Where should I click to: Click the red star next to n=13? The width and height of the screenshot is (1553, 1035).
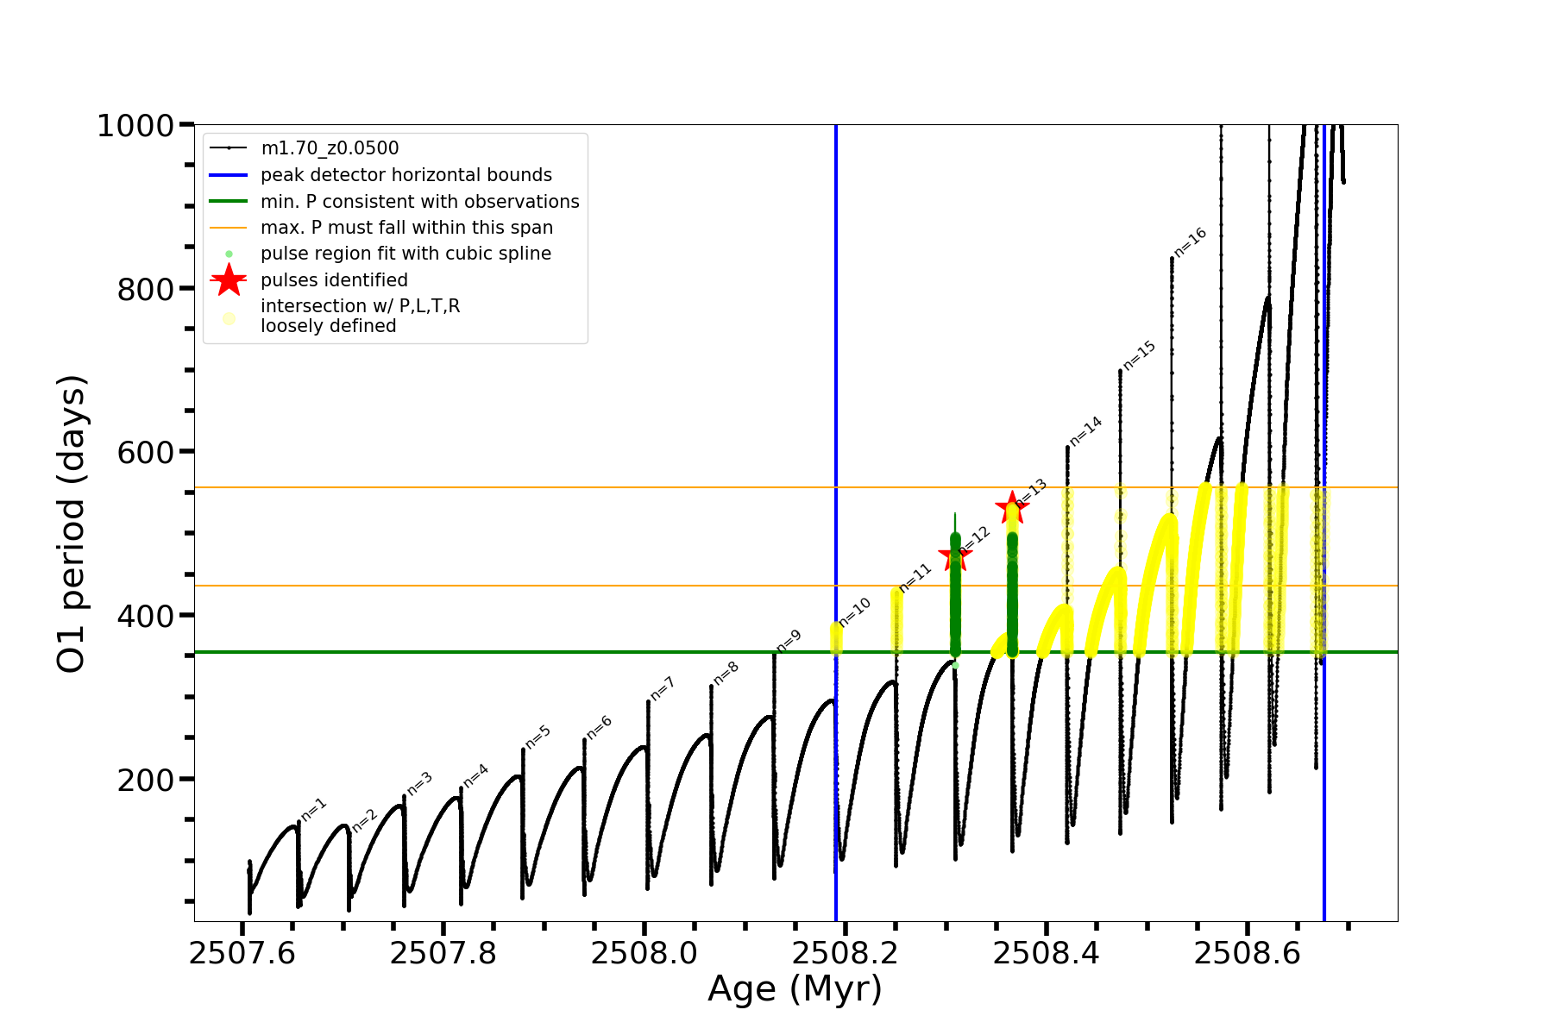1011,508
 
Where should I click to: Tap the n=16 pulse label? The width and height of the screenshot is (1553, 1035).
1191,242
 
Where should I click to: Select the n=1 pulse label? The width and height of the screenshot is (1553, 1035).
314,809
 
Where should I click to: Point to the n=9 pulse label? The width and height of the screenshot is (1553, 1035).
789,641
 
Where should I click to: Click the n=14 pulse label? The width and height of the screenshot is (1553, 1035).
1086,431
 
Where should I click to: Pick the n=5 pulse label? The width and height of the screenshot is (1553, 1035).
538,737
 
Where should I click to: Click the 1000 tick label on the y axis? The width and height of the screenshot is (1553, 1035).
135,126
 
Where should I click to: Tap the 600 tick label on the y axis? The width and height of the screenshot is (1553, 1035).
146,452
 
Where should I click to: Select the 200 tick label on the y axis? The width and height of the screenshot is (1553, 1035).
146,780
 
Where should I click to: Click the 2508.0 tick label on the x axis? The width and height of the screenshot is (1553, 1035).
644,953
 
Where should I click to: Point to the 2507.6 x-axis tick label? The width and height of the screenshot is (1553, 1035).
242,953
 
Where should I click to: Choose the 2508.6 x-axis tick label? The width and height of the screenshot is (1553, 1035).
1248,953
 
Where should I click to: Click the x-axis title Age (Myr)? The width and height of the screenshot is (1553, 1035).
795,989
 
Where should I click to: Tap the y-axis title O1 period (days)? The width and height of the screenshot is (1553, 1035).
71,524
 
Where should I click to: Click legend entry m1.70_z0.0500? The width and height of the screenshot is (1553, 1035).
330,148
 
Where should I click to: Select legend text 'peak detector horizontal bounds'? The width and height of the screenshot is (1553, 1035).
406,175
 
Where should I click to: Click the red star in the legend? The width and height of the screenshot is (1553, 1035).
229,279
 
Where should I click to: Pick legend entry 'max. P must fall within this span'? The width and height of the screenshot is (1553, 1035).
406,228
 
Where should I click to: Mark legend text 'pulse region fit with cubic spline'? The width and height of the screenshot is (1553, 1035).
406,254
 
